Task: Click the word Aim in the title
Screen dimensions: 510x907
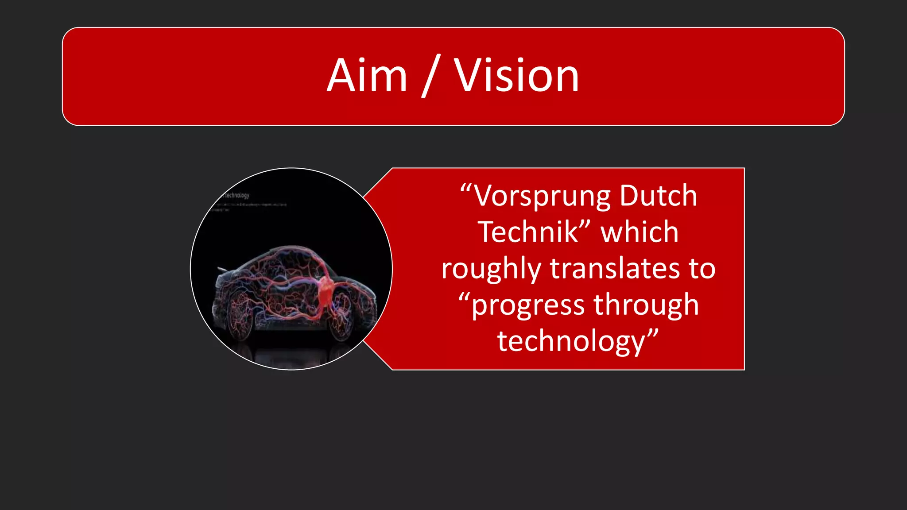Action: point(367,76)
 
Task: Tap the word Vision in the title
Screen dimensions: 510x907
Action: point(516,76)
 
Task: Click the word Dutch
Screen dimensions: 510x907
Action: point(658,195)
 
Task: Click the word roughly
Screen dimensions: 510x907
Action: point(491,269)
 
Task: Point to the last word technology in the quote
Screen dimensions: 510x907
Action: point(571,342)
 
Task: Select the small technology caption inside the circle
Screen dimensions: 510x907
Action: point(236,195)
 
